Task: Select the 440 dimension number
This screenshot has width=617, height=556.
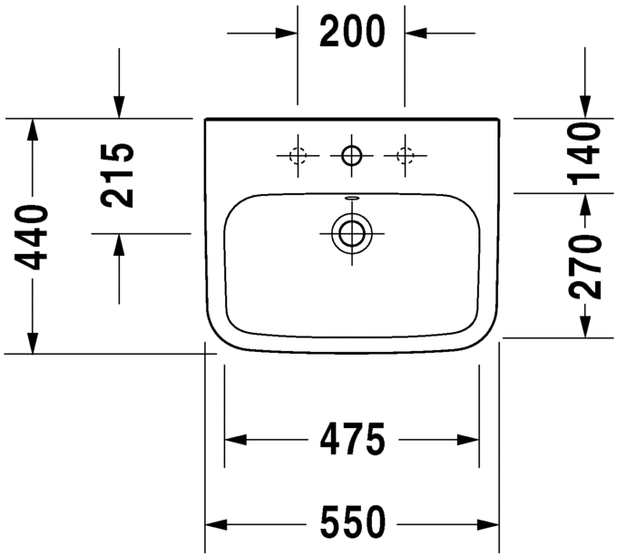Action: coord(34,238)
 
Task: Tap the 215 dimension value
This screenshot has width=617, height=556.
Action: coord(119,175)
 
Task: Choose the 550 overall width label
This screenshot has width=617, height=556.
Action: coord(352,523)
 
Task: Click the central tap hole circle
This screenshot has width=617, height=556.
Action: coord(350,155)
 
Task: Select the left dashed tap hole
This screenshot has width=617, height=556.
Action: coord(297,155)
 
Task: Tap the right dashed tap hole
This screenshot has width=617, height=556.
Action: coord(404,155)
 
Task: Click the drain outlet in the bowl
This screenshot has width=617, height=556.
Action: coord(350,232)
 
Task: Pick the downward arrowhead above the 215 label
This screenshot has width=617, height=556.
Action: coord(119,108)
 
